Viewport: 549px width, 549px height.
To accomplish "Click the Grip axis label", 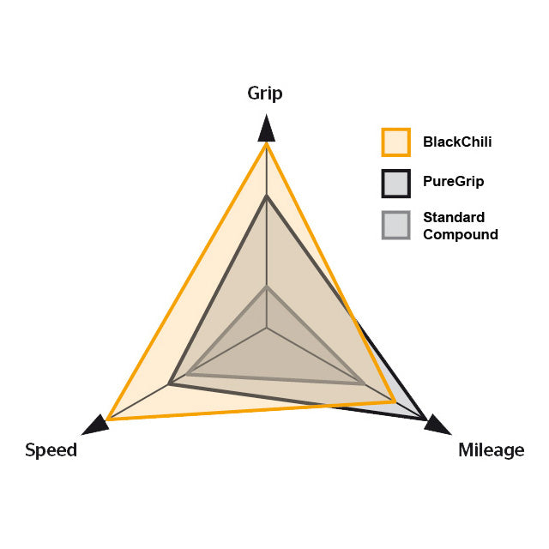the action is click(x=265, y=94).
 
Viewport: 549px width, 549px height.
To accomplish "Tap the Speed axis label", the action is click(x=51, y=449).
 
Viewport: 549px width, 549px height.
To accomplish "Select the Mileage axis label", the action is click(x=492, y=450).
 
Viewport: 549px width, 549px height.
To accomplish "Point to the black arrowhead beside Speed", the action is click(x=95, y=425).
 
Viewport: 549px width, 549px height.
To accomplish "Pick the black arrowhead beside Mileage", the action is click(x=437, y=425).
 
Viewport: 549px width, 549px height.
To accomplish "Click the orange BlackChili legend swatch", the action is click(x=396, y=142).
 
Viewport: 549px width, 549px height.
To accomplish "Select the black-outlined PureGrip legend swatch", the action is click(x=396, y=184).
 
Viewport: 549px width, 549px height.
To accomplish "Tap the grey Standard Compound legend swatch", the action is click(x=396, y=225).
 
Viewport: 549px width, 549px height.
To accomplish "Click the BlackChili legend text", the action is click(x=457, y=142).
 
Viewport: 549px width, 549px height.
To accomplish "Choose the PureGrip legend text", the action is click(x=454, y=182).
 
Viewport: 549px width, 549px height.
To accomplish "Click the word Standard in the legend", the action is click(x=454, y=217).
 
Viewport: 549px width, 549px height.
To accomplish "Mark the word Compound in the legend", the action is click(x=461, y=234).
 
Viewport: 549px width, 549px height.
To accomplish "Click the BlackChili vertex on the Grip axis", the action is click(x=267, y=143).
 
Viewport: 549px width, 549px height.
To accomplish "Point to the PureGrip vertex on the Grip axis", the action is click(x=267, y=196).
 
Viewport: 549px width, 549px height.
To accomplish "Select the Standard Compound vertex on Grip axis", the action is click(x=267, y=287).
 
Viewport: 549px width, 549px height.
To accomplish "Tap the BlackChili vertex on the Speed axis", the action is click(x=108, y=419).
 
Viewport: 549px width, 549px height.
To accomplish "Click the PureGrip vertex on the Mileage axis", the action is click(x=425, y=418).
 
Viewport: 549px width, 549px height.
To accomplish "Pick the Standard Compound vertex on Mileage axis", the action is click(x=364, y=383).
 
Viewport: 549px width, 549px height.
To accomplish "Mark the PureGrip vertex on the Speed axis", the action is click(x=170, y=384).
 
